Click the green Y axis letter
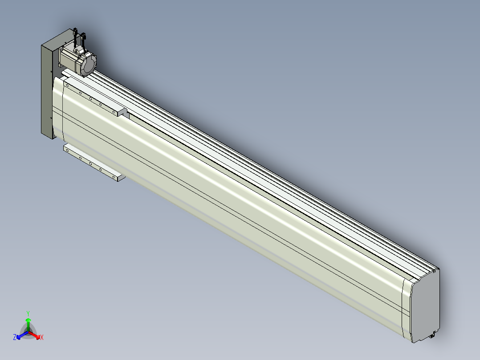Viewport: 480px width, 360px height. [28, 313]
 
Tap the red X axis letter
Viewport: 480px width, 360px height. [42, 337]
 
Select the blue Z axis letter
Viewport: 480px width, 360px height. [14, 337]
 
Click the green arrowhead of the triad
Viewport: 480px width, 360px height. [28, 320]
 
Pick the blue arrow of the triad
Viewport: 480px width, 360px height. [22, 335]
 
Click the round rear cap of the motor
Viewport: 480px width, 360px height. [89, 64]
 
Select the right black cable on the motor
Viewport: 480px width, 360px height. [83, 41]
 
